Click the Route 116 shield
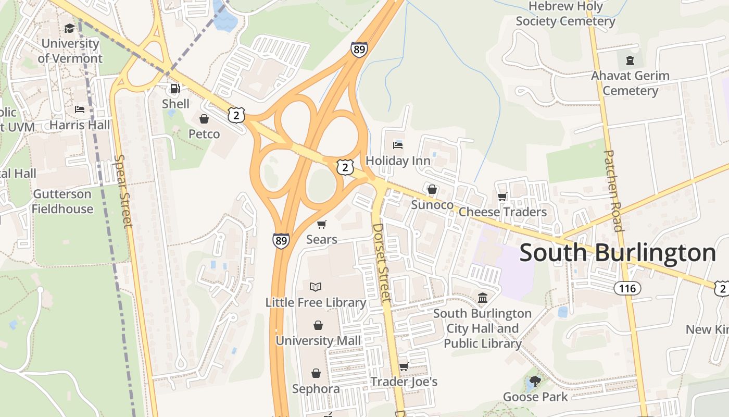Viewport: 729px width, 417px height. (627, 288)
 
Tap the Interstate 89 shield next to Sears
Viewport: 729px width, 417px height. (281, 240)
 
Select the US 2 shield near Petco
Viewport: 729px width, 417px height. (236, 115)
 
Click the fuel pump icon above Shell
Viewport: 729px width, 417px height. (175, 89)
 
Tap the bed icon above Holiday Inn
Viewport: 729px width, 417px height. (398, 144)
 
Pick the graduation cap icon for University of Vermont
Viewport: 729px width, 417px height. (69, 28)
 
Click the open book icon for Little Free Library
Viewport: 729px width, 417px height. (316, 287)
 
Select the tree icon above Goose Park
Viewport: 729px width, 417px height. (534, 382)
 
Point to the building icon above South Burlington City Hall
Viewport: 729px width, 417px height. (483, 298)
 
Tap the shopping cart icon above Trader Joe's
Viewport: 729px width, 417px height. (404, 366)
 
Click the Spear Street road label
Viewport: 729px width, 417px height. (123, 191)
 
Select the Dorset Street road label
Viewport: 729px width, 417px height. (382, 263)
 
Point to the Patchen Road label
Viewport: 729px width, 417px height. (613, 191)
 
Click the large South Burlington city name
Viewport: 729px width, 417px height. (618, 253)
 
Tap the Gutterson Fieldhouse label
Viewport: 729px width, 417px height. (62, 202)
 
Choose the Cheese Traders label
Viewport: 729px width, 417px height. (502, 212)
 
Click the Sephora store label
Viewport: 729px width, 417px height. (316, 389)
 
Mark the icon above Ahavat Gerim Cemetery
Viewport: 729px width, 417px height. (630, 60)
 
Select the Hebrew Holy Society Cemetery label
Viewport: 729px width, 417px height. (565, 14)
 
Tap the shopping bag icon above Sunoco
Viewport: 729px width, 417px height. (432, 189)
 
